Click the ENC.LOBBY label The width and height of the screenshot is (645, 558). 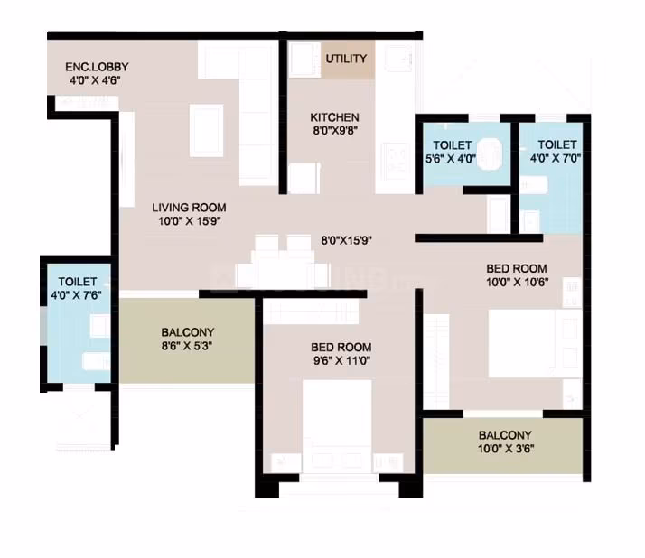[x=97, y=67]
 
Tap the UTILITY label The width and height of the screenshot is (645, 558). [x=346, y=59]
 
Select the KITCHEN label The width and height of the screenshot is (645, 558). [x=334, y=117]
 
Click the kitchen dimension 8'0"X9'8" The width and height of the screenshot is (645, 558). [x=335, y=131]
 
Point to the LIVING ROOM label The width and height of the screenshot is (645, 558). [x=189, y=208]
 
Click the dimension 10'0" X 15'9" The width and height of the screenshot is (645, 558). [x=190, y=221]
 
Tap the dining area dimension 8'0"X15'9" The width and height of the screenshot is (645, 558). [x=346, y=240]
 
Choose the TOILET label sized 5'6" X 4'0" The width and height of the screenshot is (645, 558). [x=452, y=145]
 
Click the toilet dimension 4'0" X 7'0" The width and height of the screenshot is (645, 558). [x=556, y=158]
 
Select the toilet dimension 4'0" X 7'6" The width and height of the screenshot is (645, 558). [x=76, y=295]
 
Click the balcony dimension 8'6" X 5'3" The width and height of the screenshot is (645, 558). [x=187, y=346]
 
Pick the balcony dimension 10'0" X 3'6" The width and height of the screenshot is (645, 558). [x=506, y=449]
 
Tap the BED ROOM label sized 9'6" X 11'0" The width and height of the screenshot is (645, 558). [x=341, y=347]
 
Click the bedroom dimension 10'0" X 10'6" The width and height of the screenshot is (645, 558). [x=518, y=283]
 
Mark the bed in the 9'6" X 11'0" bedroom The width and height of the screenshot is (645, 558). [x=337, y=426]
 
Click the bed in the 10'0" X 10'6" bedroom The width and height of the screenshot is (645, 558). [x=522, y=343]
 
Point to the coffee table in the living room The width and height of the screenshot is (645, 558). [x=207, y=130]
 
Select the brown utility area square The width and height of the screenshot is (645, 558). [x=348, y=60]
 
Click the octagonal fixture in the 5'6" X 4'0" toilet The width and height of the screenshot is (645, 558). [x=490, y=153]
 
